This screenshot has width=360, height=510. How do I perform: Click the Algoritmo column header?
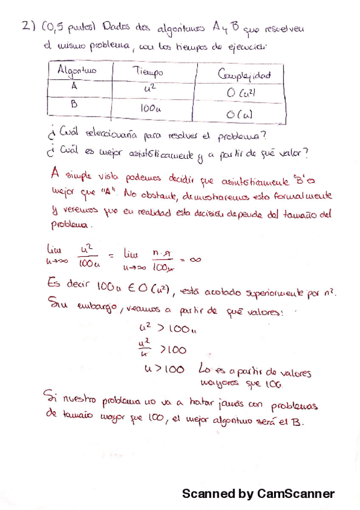(76, 72)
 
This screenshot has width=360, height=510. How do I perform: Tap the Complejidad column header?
(243, 75)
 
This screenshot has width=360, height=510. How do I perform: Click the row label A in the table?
(74, 86)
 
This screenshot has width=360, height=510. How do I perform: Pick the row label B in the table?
(75, 103)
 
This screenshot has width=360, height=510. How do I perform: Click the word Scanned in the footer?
(209, 494)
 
